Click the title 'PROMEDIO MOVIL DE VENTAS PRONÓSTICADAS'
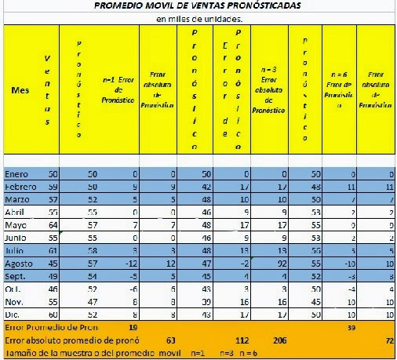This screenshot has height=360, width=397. pyautogui.click(x=198, y=6)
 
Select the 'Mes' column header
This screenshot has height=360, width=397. pyautogui.click(x=20, y=91)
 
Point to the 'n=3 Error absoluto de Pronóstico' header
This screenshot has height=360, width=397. pyautogui.click(x=269, y=89)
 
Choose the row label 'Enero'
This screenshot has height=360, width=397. pyautogui.click(x=18, y=173)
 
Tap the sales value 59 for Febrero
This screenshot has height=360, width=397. pyautogui.click(x=53, y=186)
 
